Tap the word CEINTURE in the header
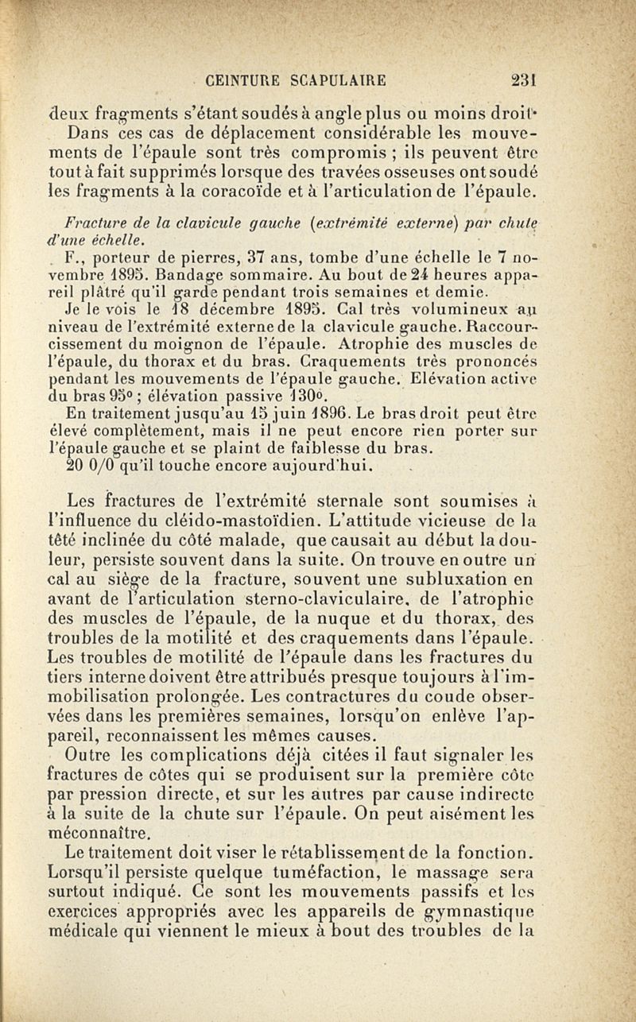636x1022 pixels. (240, 79)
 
